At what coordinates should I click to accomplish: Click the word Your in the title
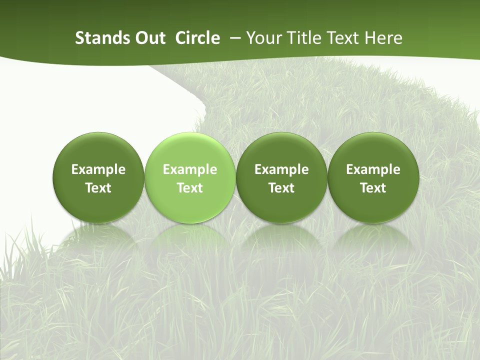pos(261,38)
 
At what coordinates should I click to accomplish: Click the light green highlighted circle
pos(189,150)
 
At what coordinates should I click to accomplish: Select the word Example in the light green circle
pos(190,169)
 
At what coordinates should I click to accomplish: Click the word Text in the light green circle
pos(190,188)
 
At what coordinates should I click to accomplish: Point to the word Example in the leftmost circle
pos(98,169)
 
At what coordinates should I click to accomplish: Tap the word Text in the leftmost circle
pos(98,188)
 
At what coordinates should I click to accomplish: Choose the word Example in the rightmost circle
pos(373,169)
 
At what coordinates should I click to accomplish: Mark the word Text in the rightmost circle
pos(373,188)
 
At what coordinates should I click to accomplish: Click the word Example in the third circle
pos(281,169)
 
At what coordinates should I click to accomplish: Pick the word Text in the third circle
pos(281,188)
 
